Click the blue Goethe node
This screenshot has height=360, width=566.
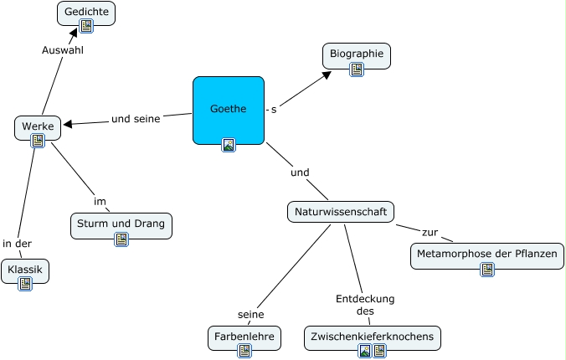coord(229,111)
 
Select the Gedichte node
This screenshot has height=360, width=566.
coord(86,13)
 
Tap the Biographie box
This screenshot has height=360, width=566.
coord(357,55)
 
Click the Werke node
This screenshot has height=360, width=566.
coord(38,128)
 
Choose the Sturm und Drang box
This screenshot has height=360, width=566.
coord(121,226)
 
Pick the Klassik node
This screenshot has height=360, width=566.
coord(25,271)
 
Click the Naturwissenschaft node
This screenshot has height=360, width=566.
coord(341,212)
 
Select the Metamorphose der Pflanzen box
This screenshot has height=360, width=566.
coord(487,256)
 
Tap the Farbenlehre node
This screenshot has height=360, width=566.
coord(244,338)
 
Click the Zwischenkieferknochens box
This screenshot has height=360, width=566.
coord(372,338)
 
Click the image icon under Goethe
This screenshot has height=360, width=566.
coord(229,145)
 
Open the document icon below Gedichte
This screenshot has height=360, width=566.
coord(86,26)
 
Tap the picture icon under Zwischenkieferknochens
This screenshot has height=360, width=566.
coord(365,351)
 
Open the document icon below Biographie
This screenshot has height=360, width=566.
coord(357,69)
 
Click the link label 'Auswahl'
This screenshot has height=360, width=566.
coord(63,50)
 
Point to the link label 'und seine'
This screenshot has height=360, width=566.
coord(136,119)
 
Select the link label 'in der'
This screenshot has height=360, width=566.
coord(17,244)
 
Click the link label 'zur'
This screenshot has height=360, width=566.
coord(430,233)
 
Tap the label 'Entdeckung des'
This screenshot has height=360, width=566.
coord(365,305)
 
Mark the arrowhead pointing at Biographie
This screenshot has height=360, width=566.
coord(327,75)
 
